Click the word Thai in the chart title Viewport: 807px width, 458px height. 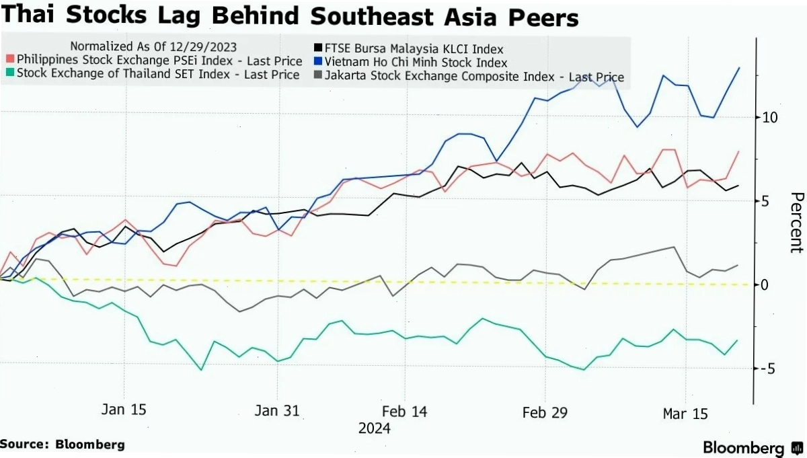click(x=28, y=15)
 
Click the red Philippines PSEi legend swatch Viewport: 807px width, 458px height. click(x=10, y=59)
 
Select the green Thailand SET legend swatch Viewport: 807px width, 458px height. click(x=10, y=72)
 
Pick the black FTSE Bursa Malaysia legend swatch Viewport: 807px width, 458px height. click(x=317, y=48)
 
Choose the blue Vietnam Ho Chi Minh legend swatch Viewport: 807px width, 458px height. click(x=317, y=61)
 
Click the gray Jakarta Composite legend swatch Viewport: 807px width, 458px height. click(x=317, y=75)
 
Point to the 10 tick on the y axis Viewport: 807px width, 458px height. click(x=769, y=118)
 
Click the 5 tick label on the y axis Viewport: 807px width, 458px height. click(x=765, y=202)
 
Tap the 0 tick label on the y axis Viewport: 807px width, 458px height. click(x=765, y=285)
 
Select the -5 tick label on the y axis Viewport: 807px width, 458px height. click(x=768, y=369)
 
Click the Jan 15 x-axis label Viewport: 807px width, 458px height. click(x=124, y=410)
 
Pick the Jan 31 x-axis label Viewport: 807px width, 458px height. click(x=277, y=410)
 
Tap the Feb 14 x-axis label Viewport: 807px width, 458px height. click(x=405, y=412)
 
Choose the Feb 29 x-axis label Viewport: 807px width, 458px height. click(x=545, y=412)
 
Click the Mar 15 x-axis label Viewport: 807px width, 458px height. click(x=685, y=414)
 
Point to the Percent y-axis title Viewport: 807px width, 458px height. click(x=797, y=223)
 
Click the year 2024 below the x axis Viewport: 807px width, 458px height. click(x=375, y=428)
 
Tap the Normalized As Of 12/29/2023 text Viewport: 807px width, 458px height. click(x=153, y=46)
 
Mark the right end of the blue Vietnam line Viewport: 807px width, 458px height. click(x=739, y=68)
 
